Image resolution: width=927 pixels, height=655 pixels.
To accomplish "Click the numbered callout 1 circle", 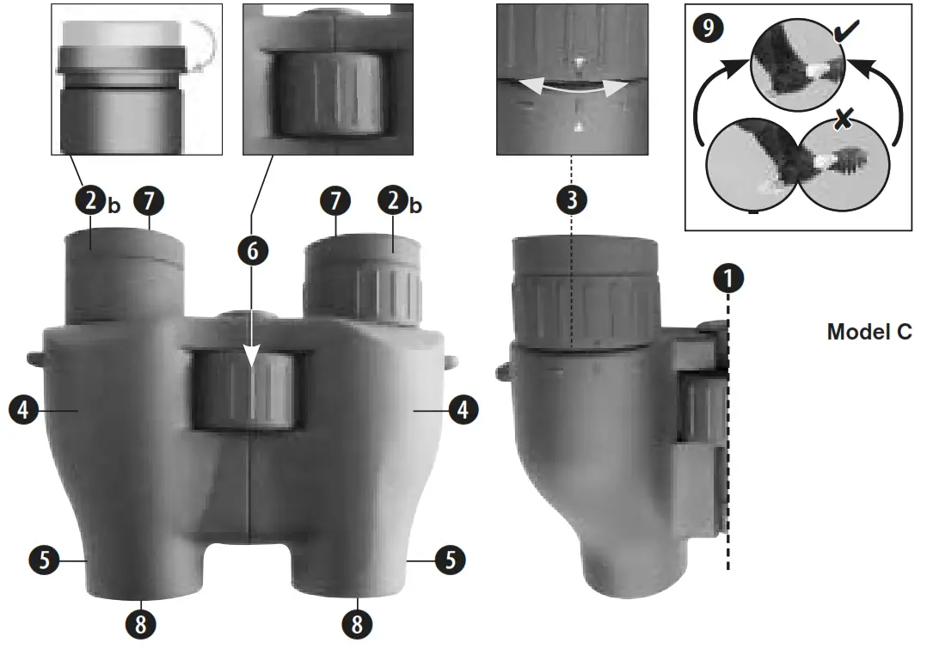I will click(727, 279).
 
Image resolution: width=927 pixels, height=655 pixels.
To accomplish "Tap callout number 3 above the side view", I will click(571, 199).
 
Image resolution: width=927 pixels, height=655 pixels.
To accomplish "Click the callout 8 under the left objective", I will click(142, 623).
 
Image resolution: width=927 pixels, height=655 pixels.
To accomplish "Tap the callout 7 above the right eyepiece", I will click(335, 201).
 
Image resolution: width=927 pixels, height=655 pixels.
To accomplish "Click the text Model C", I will click(869, 332).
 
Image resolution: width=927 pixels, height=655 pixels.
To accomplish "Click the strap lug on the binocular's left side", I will click(34, 357).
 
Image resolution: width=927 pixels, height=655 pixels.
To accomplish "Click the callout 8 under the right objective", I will click(356, 623).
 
